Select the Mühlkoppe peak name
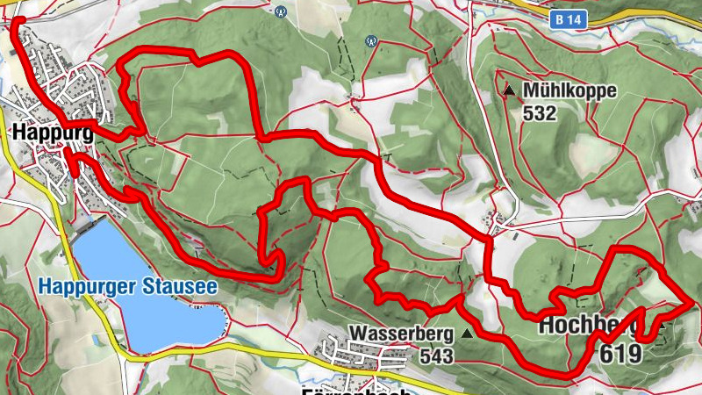point(569,90)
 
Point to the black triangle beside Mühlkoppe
point(510,90)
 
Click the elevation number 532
point(540,112)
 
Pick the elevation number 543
point(436,356)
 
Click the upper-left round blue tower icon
point(281,11)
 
